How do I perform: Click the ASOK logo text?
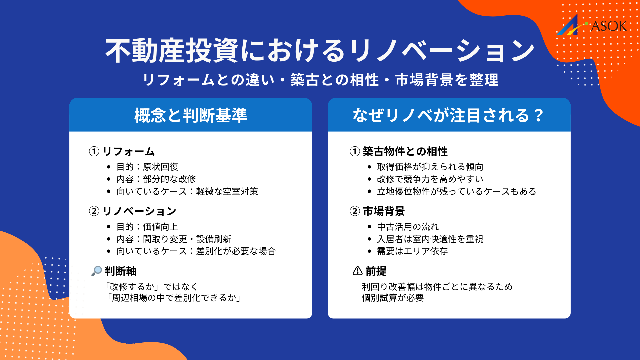[x=608, y=26]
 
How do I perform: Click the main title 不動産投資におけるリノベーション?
[x=320, y=51]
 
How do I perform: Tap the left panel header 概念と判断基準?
[x=191, y=115]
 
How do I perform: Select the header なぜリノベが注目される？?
[x=449, y=115]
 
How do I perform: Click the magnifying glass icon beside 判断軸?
[x=97, y=271]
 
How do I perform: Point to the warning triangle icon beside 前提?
[x=357, y=271]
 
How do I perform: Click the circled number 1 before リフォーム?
[x=94, y=151]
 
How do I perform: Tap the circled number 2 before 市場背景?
[x=355, y=211]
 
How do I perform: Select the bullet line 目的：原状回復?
[x=147, y=167]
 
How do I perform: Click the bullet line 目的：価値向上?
[x=147, y=227]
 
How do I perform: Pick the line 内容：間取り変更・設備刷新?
[x=174, y=239]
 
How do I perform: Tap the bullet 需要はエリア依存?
[x=412, y=251]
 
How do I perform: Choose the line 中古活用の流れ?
[x=408, y=227]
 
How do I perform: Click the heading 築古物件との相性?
[x=405, y=151]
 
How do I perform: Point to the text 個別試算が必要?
[x=393, y=298]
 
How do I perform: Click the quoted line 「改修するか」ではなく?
[x=151, y=286]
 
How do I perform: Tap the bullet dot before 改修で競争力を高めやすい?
[x=369, y=179]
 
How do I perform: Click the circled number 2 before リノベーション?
[x=94, y=211]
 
